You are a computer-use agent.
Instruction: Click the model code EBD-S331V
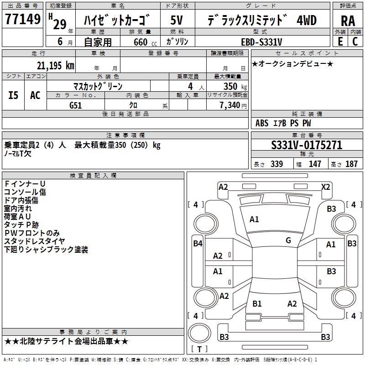point(261,42)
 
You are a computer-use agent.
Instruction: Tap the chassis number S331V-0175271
point(307,145)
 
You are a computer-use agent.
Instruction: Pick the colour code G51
point(76,105)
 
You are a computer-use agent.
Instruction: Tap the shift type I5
point(13,95)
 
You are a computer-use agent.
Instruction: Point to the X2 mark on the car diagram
point(326,187)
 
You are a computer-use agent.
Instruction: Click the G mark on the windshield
point(288,240)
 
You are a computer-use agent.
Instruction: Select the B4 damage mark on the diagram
point(198,244)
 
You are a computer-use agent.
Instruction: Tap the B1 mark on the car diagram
point(257,304)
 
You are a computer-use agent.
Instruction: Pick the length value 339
point(276,164)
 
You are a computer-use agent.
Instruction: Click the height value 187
point(351,164)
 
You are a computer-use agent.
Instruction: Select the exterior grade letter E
point(340,42)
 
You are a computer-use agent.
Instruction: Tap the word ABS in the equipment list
point(262,123)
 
